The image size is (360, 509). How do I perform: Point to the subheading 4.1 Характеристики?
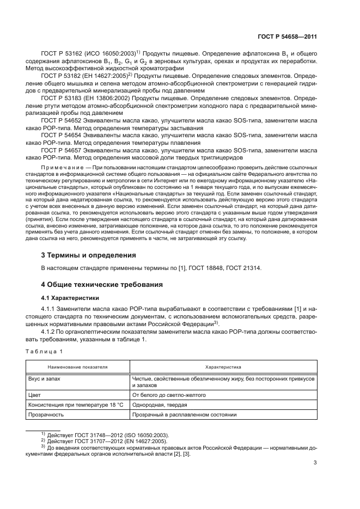click(70, 298)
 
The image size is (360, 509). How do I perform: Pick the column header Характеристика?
click(223, 368)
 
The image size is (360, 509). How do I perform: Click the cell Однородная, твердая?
click(157, 404)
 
